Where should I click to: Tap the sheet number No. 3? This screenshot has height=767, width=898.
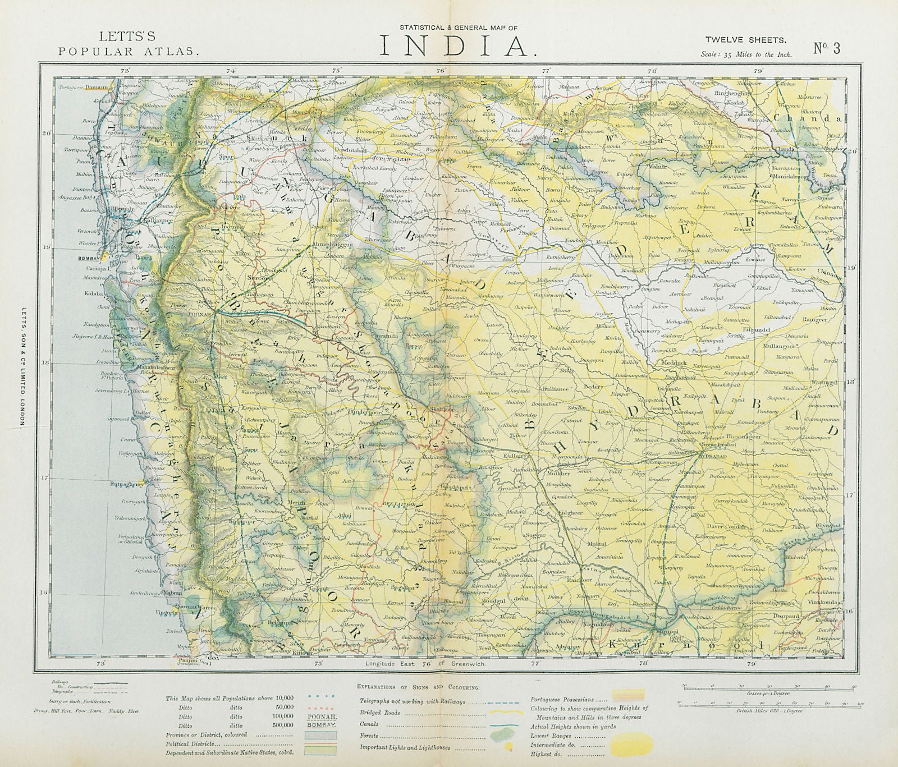[x=827, y=48]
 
